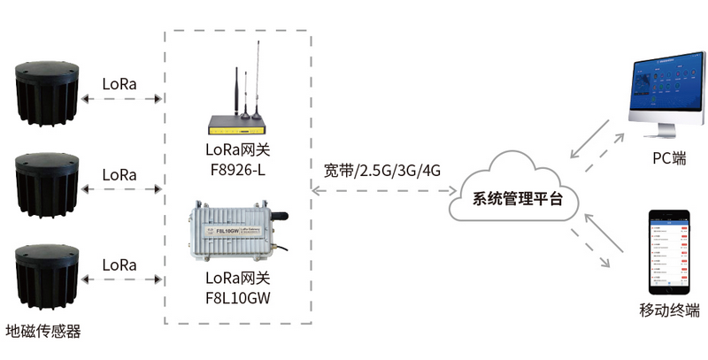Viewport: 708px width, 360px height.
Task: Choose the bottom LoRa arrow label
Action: [x=119, y=264]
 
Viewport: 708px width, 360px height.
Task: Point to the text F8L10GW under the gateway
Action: [x=236, y=297]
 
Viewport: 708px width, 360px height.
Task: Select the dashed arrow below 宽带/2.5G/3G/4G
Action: [x=382, y=190]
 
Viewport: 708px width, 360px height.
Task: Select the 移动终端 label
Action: [x=669, y=310]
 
